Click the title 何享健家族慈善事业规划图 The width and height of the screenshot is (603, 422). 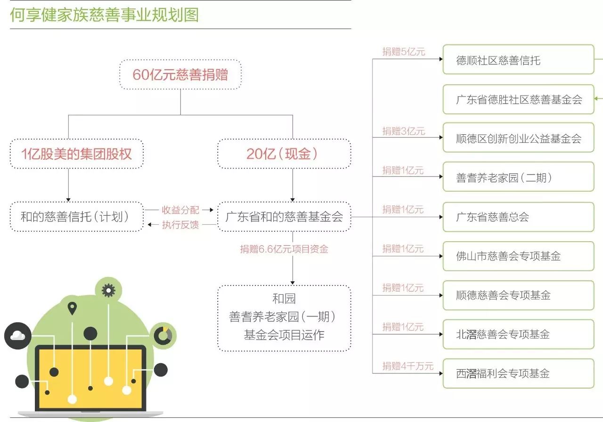(104, 15)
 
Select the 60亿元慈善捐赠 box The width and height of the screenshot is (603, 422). (180, 75)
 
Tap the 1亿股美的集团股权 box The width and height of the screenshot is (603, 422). (76, 154)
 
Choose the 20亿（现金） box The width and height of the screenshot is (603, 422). (284, 154)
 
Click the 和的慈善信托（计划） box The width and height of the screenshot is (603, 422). (76, 217)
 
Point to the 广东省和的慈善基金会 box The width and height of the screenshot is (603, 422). (284, 217)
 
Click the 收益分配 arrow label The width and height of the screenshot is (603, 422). (180, 210)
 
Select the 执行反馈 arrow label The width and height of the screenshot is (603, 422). (180, 225)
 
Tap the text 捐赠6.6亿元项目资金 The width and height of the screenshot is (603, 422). (284, 249)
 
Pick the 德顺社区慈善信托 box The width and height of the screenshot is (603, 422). (518, 60)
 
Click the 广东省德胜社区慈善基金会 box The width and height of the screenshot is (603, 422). (518, 99)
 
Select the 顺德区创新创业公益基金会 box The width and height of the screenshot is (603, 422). (518, 138)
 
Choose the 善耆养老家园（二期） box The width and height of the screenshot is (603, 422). (518, 178)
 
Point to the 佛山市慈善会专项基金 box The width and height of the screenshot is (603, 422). (518, 256)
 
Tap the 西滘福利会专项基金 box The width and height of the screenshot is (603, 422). (518, 373)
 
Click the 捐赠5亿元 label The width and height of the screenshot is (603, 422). (404, 52)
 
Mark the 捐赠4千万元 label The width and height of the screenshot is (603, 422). (407, 365)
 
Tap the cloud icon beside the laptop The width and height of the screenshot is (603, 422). (17, 335)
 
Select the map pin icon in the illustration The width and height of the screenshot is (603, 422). (72, 308)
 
